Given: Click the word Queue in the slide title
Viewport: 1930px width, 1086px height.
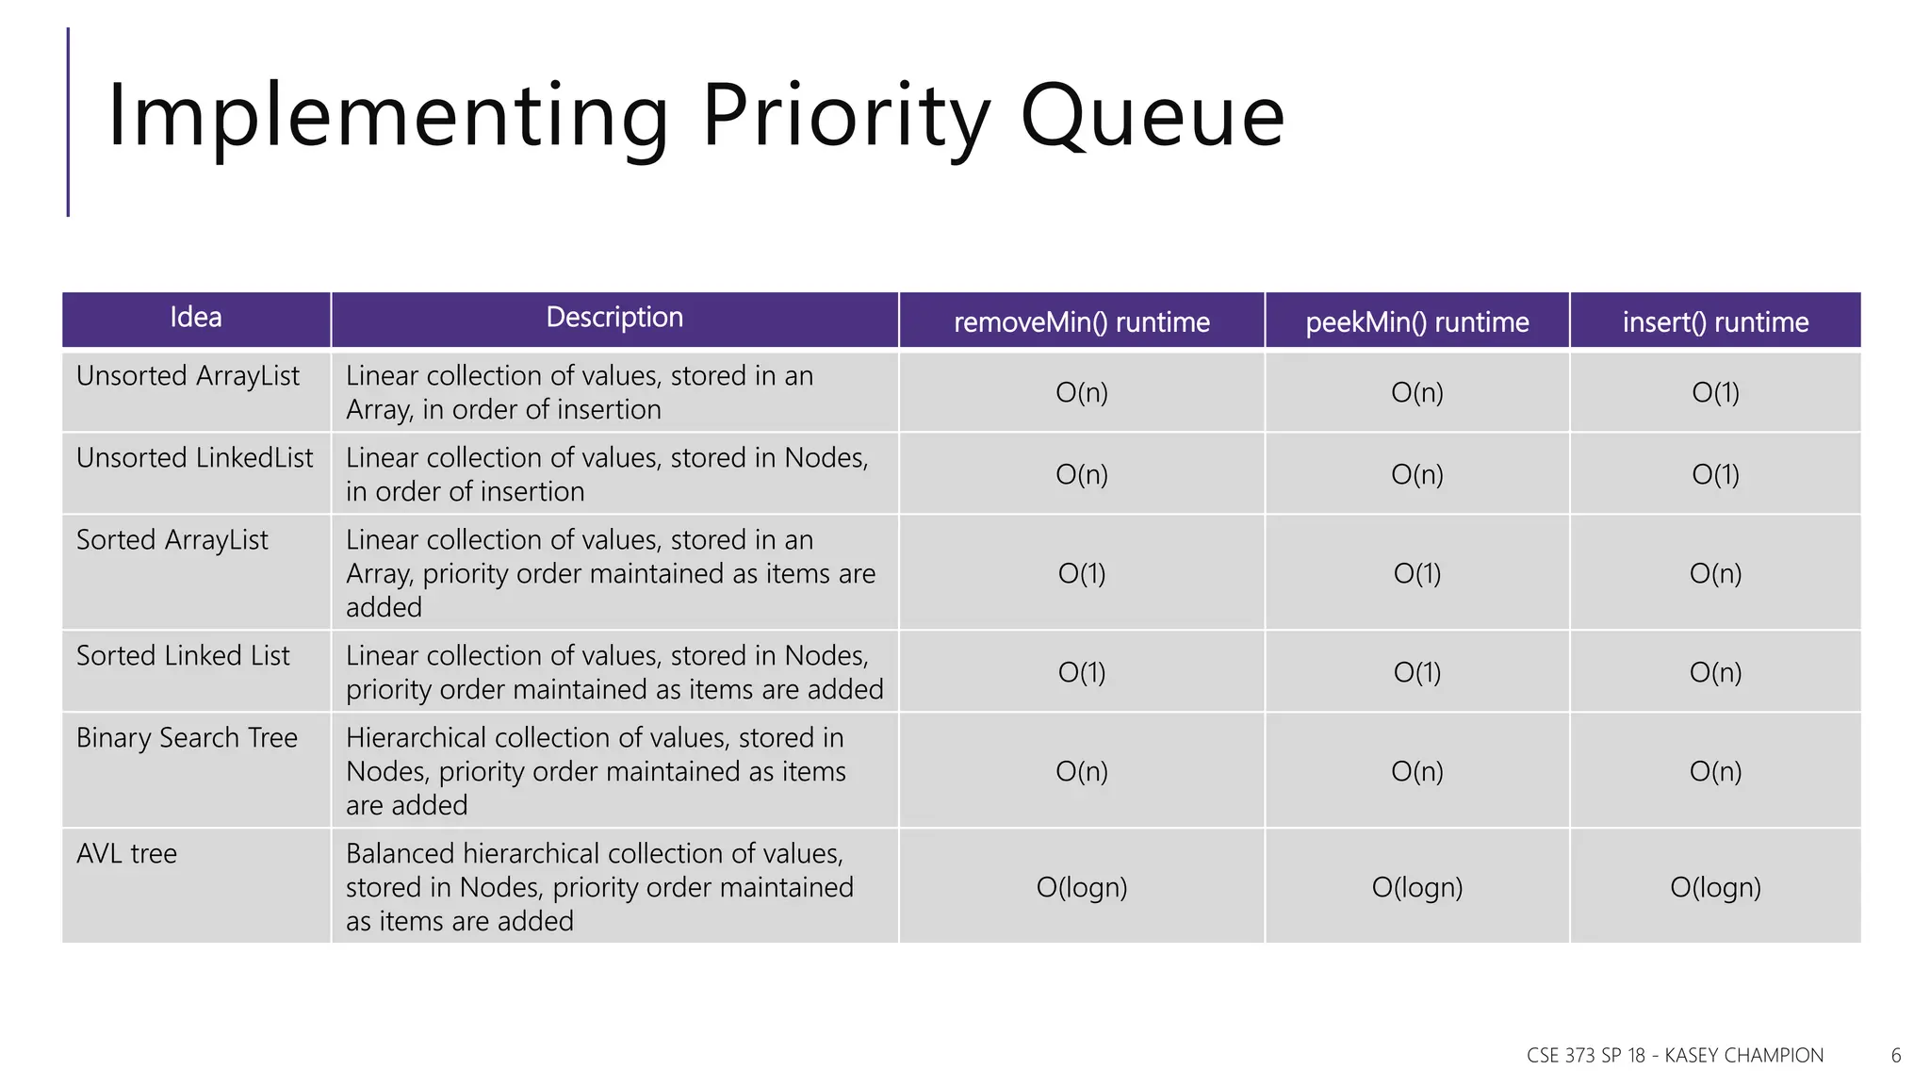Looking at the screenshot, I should (1152, 117).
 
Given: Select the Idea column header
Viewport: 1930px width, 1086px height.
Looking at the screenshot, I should (196, 318).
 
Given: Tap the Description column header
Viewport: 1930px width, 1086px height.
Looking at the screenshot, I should (614, 318).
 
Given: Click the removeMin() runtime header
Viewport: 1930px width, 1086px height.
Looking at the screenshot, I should (1081, 322).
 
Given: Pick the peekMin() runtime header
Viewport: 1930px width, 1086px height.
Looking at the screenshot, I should (1416, 322).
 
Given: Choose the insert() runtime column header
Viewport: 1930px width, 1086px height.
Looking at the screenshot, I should (1715, 322).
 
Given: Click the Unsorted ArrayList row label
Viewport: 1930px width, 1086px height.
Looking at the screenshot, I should (188, 376).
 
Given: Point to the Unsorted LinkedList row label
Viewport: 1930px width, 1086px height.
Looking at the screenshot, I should (194, 458).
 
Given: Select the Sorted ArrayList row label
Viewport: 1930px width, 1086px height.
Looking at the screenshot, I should (172, 540).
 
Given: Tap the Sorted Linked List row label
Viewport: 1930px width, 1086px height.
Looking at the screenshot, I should (183, 656).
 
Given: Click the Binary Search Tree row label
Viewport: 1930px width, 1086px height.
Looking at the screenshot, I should (187, 738).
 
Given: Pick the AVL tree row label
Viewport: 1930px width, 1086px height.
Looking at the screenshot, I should (126, 854).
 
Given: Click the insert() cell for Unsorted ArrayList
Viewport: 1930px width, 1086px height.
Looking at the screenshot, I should (1715, 392).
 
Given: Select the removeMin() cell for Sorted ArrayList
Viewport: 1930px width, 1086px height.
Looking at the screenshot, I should (1081, 573).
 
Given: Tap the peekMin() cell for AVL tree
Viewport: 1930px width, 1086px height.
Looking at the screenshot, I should (1416, 887).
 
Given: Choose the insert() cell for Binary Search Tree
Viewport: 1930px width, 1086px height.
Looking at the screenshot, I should (1715, 771).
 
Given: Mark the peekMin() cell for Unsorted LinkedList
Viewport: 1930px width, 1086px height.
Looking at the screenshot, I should (1416, 474).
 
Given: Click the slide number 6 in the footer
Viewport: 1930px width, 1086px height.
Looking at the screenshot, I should (1896, 1056).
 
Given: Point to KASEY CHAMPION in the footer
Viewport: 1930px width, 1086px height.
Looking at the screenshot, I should (1743, 1056).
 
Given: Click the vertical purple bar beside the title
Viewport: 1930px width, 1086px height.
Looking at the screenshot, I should (68, 123).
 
